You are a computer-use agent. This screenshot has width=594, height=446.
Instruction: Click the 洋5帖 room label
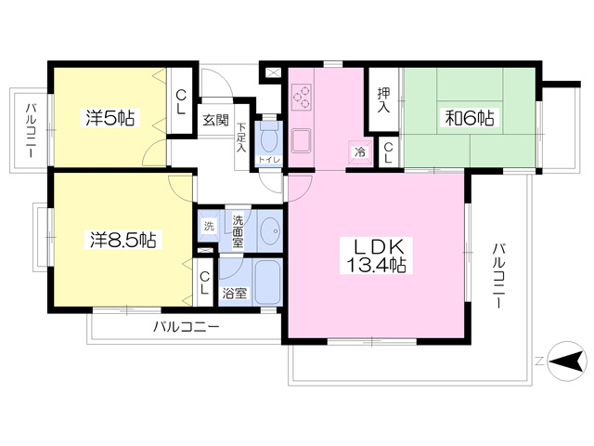tap(110, 117)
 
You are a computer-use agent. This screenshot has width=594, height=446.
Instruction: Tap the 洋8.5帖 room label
tap(123, 240)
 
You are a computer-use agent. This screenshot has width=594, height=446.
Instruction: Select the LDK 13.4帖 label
tap(376, 256)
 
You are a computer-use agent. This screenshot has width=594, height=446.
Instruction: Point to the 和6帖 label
tap(470, 118)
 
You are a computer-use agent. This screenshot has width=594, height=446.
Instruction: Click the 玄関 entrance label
tap(216, 120)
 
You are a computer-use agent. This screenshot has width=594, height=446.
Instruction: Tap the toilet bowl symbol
tap(269, 140)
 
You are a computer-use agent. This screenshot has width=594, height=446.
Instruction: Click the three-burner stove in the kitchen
tap(302, 97)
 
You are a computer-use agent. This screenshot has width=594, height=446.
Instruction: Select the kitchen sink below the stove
tap(301, 140)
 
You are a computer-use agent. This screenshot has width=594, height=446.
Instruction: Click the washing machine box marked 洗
tap(209, 227)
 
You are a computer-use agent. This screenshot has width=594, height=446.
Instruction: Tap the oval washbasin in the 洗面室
tap(270, 230)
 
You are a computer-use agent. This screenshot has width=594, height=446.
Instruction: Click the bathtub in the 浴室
tap(267, 282)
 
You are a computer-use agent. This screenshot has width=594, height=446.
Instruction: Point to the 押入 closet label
tap(383, 100)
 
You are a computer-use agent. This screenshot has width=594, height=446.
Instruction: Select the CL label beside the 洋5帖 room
tap(181, 102)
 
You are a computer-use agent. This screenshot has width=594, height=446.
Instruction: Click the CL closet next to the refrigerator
tap(388, 152)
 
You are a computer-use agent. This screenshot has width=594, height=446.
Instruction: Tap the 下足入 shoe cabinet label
tap(241, 137)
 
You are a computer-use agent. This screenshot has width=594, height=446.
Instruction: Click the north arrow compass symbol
tap(567, 361)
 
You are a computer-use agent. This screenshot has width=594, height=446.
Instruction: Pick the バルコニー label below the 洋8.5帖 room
tap(186, 326)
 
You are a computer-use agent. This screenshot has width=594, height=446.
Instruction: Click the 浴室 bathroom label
tap(235, 293)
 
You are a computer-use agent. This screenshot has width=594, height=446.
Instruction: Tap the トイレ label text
tap(269, 160)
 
